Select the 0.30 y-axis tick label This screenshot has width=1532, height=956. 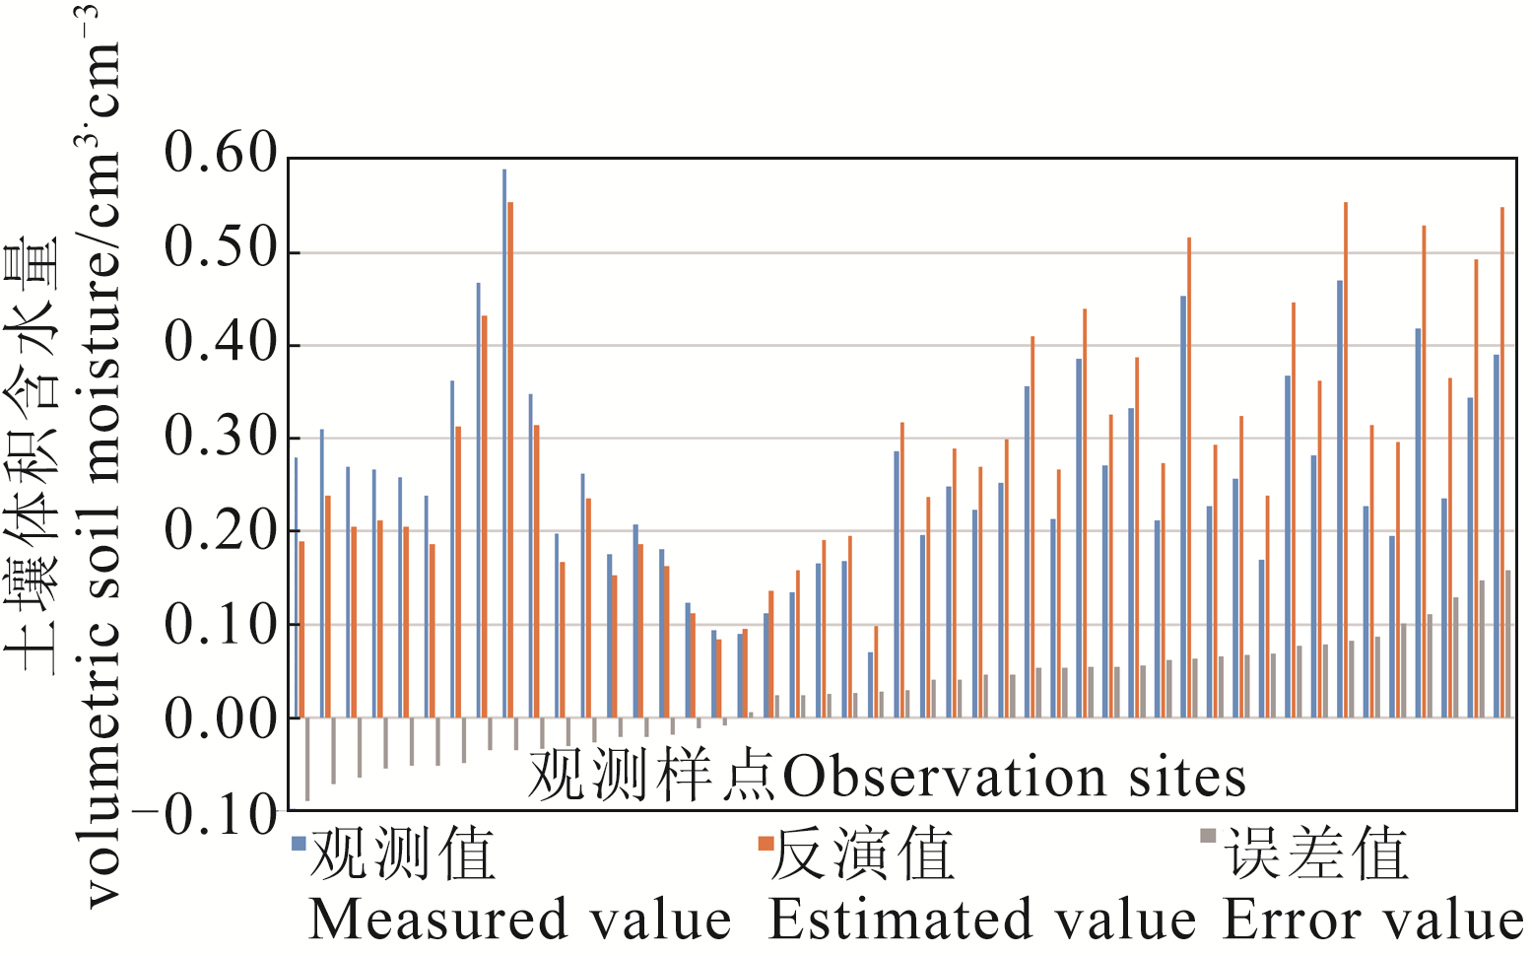[x=221, y=436]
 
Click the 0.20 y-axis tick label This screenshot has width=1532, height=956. [x=221, y=530]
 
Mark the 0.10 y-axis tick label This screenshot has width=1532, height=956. [x=221, y=624]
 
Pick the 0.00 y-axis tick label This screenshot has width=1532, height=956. [x=221, y=718]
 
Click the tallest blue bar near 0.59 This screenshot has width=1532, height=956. [x=504, y=444]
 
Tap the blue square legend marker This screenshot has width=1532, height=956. [x=299, y=843]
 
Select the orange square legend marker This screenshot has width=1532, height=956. [x=765, y=843]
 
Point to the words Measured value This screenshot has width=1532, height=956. [x=520, y=920]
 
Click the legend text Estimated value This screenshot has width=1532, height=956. [x=981, y=920]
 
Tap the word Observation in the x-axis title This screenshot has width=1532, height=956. [x=944, y=777]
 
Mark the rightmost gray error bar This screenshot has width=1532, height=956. [x=1507, y=644]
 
